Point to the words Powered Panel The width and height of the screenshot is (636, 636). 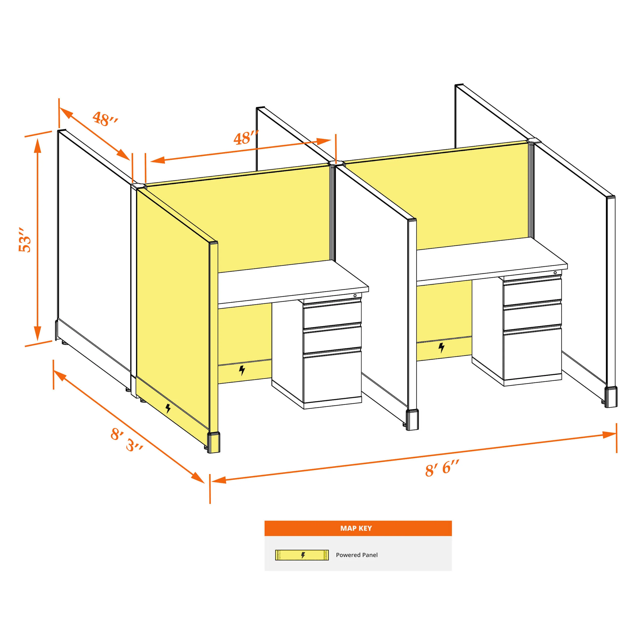tap(357, 555)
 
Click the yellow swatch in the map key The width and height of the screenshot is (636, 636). tap(302, 555)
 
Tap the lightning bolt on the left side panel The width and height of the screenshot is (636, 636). tap(168, 409)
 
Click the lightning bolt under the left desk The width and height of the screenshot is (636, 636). tap(242, 370)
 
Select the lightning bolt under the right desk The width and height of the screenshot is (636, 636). tap(441, 347)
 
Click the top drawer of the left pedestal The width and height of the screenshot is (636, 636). tap(332, 315)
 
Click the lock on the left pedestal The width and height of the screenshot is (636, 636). tap(355, 296)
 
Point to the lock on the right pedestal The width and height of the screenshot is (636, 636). tap(555, 273)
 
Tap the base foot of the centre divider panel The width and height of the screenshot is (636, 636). tap(412, 420)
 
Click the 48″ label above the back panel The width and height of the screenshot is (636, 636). tap(246, 138)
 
